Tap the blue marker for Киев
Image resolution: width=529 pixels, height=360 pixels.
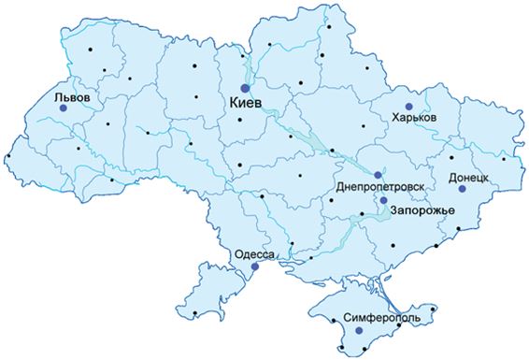click(x=246, y=88)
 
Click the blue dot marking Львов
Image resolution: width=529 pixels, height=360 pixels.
click(x=64, y=108)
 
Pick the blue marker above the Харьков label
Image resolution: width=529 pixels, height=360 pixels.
click(x=407, y=107)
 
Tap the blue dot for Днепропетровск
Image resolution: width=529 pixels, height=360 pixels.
click(x=378, y=175)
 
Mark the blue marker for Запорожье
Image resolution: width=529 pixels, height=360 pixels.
click(x=383, y=199)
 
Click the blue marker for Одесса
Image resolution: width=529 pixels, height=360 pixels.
click(x=253, y=266)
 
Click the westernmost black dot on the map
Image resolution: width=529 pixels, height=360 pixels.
click(x=9, y=155)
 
